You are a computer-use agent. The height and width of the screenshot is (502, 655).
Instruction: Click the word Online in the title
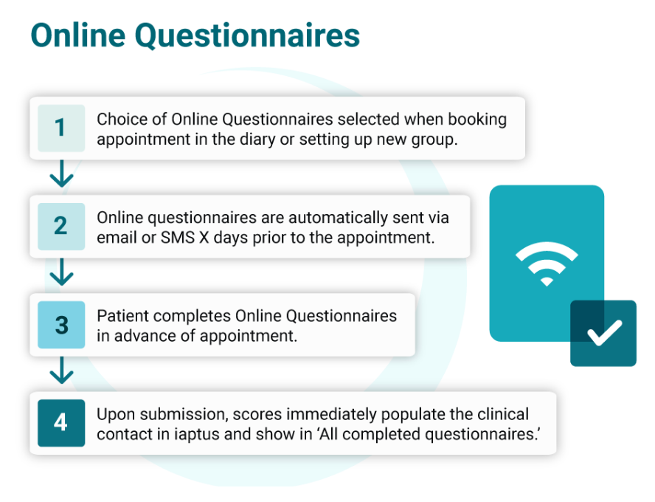click(x=78, y=35)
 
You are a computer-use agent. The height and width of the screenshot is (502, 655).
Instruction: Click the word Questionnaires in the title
click(x=247, y=36)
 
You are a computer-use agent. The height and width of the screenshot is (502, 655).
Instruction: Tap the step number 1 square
click(x=61, y=128)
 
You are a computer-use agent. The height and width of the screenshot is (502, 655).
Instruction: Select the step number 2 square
click(x=61, y=227)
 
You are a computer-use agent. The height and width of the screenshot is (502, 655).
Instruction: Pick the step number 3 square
click(x=61, y=325)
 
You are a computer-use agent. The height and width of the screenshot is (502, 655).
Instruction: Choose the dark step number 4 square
click(x=61, y=423)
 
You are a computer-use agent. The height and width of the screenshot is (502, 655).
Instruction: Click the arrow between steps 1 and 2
click(x=62, y=173)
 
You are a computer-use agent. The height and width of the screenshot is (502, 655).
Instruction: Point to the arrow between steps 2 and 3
click(x=62, y=272)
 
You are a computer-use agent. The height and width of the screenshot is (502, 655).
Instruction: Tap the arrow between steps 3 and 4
click(x=62, y=371)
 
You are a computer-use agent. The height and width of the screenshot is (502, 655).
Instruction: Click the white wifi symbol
click(x=547, y=264)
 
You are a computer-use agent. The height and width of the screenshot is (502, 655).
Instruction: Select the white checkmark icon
click(x=604, y=333)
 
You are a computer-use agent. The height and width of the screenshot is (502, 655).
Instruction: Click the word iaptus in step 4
click(x=196, y=435)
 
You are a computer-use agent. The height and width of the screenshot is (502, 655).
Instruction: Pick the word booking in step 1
click(x=477, y=120)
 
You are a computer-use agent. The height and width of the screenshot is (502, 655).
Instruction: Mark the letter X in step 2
click(x=204, y=238)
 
